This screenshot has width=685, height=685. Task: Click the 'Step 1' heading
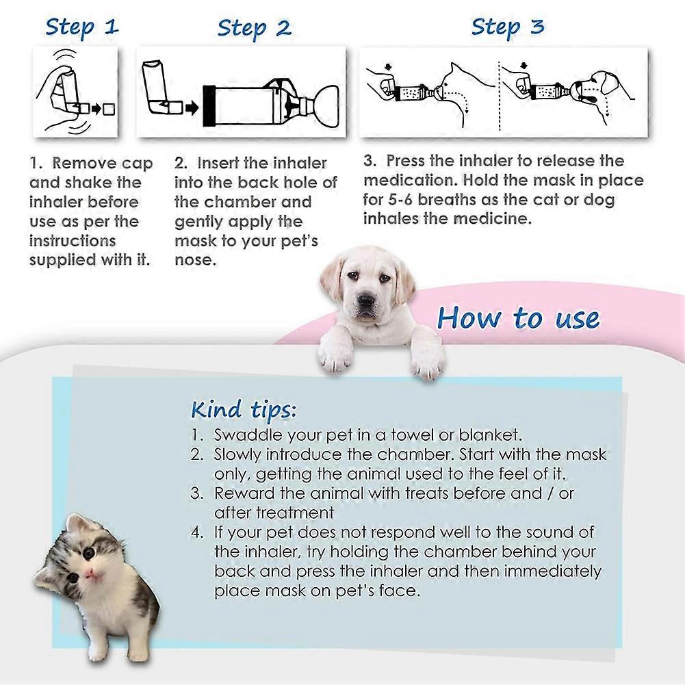(x=82, y=27)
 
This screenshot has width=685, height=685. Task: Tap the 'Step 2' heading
(x=254, y=28)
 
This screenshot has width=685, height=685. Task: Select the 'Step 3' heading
(x=507, y=27)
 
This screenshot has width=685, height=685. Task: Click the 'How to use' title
(x=518, y=318)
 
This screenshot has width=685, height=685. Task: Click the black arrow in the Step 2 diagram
(x=193, y=107)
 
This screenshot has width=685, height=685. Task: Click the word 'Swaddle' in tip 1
(x=244, y=435)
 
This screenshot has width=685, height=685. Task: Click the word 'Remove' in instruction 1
(x=83, y=164)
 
